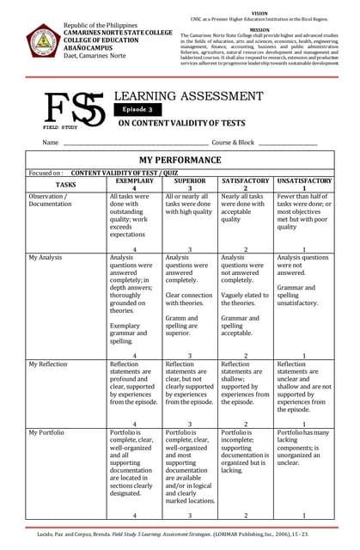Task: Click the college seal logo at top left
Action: point(42,42)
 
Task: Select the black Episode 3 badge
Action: point(137,110)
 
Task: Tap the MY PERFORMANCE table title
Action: point(180,160)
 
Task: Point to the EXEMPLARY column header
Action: point(134,184)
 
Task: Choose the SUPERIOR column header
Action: point(190,184)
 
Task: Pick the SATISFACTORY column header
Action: point(246,184)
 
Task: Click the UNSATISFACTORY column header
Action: point(304,184)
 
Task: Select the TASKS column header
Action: point(66,185)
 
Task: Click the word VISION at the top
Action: point(259,14)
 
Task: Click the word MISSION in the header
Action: point(259,28)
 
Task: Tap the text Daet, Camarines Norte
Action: point(95,55)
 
